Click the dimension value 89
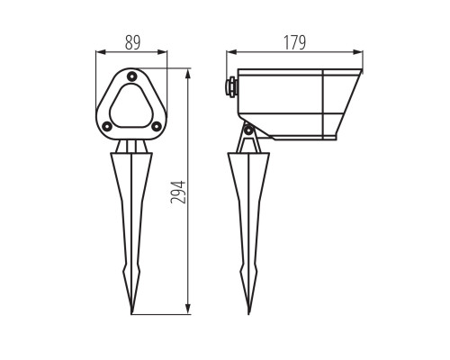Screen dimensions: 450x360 132,42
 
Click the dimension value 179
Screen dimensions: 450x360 295,42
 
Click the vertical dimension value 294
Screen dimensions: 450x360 178,193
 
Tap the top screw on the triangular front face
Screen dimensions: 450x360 131,76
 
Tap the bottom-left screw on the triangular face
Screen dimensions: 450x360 106,127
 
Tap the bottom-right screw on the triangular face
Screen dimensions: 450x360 157,127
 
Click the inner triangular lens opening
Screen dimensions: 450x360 131,105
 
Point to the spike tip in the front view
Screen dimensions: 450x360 131,314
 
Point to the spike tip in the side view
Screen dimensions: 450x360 248,314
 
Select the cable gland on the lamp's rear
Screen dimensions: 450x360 232,87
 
